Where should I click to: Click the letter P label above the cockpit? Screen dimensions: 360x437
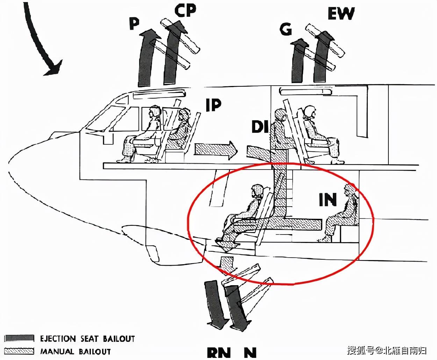(x=134, y=23)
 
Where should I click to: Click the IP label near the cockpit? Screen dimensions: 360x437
(x=213, y=105)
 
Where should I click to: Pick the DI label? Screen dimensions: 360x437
(x=260, y=127)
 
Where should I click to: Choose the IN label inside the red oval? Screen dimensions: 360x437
(x=328, y=199)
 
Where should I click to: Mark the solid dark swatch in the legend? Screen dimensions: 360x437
(x=19, y=338)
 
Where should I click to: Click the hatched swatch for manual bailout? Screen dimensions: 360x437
(x=19, y=351)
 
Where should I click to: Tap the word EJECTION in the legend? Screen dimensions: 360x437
(x=58, y=338)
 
